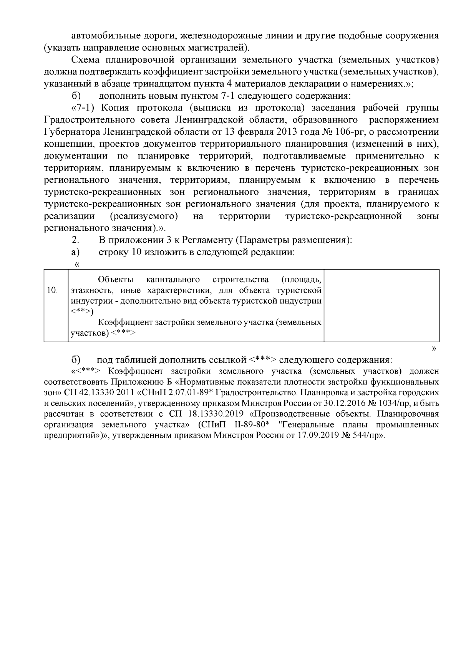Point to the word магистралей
(221, 48)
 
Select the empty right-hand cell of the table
(381, 305)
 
